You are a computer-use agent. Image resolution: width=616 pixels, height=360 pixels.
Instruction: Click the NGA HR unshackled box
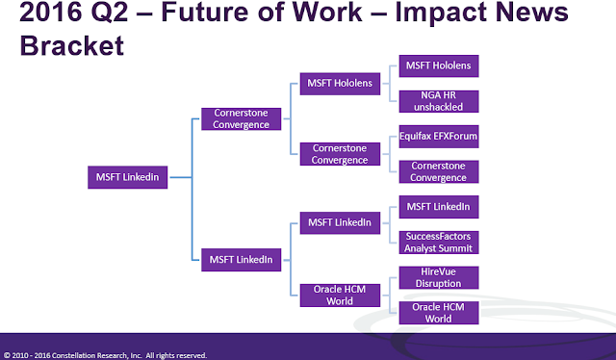click(439, 101)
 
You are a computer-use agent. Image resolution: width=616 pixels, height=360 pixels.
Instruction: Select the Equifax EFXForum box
click(439, 137)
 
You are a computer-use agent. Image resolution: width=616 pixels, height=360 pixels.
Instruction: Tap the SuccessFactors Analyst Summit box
click(439, 243)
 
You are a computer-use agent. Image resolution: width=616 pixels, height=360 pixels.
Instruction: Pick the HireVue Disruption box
click(439, 277)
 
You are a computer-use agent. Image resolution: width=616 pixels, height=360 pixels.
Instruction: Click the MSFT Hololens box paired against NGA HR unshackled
click(439, 66)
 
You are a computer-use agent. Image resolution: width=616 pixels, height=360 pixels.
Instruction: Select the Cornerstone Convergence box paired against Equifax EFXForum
click(439, 171)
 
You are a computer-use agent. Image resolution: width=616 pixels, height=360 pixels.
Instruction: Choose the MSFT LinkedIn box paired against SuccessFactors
click(439, 207)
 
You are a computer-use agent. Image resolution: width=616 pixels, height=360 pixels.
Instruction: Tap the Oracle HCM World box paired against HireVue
click(439, 313)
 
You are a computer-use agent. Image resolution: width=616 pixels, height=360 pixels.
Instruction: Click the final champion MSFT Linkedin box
click(128, 177)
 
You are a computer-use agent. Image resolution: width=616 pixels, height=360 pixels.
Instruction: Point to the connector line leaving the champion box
click(181, 177)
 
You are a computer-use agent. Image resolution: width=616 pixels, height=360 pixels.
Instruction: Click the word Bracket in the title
click(72, 45)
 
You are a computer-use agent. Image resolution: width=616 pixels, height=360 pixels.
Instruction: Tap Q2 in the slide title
click(110, 13)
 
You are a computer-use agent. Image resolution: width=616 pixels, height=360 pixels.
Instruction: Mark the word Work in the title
click(327, 12)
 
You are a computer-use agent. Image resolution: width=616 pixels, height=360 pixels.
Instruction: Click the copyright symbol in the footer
click(7, 356)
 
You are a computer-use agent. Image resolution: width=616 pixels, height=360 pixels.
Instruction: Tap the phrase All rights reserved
click(176, 356)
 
